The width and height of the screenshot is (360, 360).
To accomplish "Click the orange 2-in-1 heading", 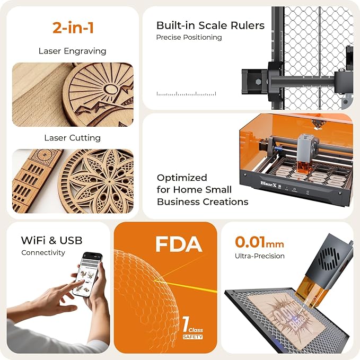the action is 73,28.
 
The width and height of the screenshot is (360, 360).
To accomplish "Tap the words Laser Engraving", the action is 72,51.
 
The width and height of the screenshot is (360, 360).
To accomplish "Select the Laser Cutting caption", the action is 73,138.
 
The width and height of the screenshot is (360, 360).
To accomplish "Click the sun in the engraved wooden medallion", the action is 111,89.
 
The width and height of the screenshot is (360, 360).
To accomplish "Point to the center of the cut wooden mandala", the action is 109,182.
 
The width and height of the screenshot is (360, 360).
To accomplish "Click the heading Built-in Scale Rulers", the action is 210,25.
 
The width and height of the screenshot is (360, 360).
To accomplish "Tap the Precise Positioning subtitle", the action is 189,37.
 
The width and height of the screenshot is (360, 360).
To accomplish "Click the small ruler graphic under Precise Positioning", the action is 186,93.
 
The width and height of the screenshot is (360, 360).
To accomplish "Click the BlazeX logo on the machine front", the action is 268,184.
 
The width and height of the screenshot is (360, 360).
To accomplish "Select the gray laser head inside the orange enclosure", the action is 305,149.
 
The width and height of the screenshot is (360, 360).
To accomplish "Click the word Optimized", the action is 182,178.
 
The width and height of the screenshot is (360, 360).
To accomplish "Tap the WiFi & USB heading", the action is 51,240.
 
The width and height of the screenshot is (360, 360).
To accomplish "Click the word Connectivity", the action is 43,252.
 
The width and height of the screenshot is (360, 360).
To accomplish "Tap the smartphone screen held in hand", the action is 87,275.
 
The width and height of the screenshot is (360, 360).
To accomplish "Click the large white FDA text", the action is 179,244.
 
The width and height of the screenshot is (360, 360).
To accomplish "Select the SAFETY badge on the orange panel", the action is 193,337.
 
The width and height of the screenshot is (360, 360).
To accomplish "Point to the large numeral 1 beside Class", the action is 186,324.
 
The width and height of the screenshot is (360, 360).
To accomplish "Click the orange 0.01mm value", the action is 259,242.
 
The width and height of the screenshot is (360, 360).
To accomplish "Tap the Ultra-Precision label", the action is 260,256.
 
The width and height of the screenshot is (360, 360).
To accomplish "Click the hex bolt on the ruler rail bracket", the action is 258,82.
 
